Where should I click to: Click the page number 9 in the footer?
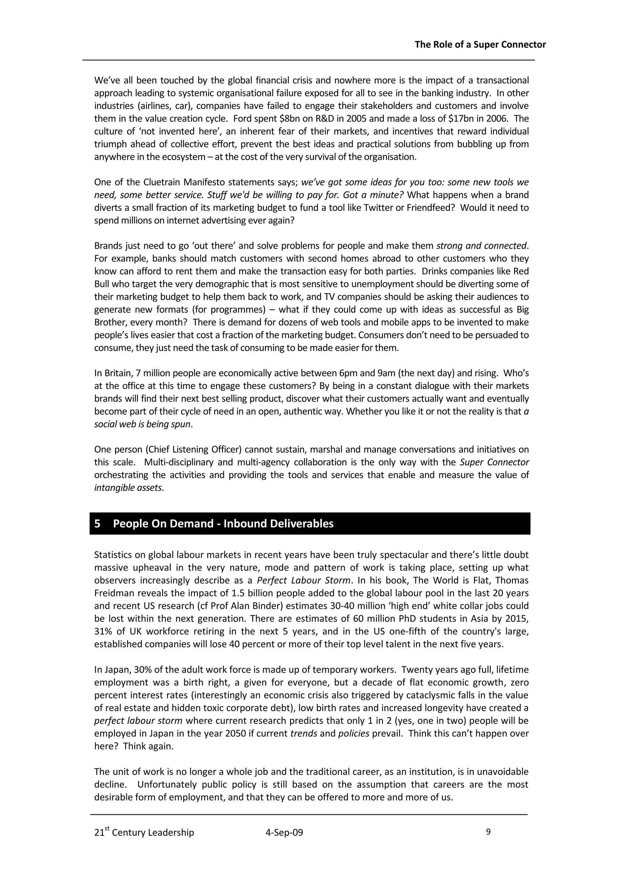tap(488, 832)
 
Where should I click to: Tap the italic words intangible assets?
tap(128, 488)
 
